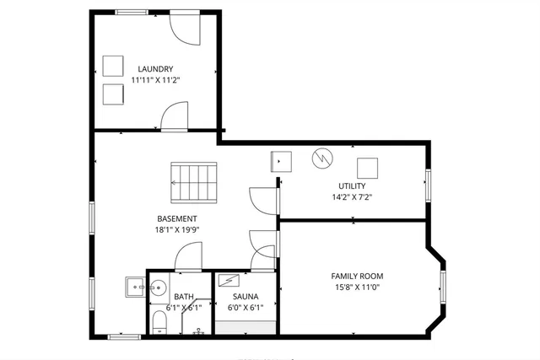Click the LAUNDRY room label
click(x=156, y=69)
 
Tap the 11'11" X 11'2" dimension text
click(x=156, y=80)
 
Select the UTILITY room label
click(x=353, y=185)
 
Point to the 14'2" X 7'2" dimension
click(x=353, y=197)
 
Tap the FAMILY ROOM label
click(x=357, y=277)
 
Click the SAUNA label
click(x=246, y=296)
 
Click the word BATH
click(x=184, y=297)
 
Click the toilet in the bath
click(x=159, y=320)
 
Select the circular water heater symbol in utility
click(x=321, y=158)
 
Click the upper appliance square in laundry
click(x=113, y=65)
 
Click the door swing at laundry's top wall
click(x=184, y=28)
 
